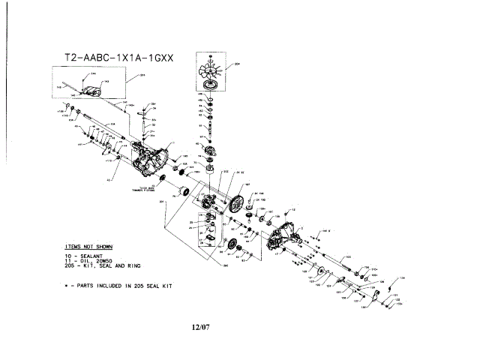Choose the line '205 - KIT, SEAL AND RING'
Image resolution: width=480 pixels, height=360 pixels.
click(x=102, y=266)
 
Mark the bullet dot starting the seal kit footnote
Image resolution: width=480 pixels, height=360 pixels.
click(x=67, y=286)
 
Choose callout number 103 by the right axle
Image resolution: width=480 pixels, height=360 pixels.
click(x=347, y=258)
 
